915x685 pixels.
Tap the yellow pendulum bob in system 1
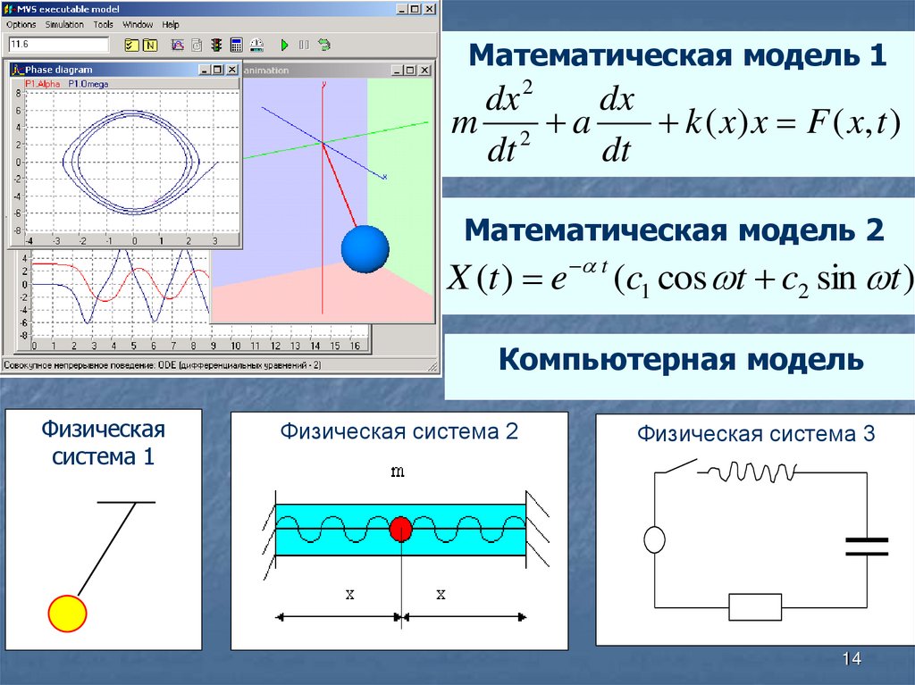(x=67, y=614)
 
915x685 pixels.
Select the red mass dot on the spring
(x=400, y=530)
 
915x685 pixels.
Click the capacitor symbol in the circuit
(x=866, y=547)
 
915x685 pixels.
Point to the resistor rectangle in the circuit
(x=755, y=606)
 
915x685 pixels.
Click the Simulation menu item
(x=64, y=24)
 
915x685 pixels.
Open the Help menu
(x=171, y=24)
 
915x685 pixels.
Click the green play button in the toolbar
(x=284, y=44)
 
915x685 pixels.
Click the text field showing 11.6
(x=58, y=44)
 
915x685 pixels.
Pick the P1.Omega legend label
(x=85, y=83)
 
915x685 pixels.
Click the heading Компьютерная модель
(x=681, y=361)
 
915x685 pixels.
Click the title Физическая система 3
(x=756, y=435)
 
